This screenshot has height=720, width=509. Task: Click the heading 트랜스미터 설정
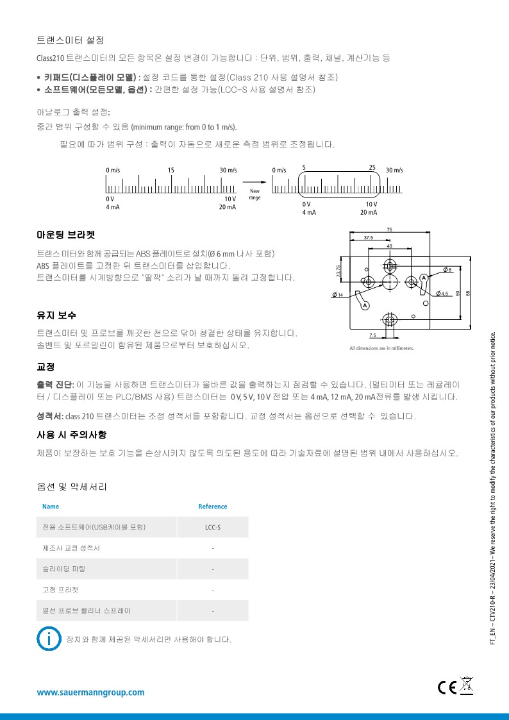(x=71, y=40)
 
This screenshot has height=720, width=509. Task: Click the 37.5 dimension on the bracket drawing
(x=369, y=238)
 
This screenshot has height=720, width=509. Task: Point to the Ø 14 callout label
(x=337, y=294)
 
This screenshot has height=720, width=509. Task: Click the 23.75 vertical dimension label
(x=338, y=271)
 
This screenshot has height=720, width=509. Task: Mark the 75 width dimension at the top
(x=390, y=230)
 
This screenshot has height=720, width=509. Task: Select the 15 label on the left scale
(x=171, y=170)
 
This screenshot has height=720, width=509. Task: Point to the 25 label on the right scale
(x=372, y=167)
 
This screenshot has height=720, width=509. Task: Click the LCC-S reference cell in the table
(x=212, y=527)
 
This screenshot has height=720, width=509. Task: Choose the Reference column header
(x=212, y=507)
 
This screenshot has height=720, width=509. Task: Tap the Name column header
(x=51, y=507)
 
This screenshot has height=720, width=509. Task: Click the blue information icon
(x=47, y=639)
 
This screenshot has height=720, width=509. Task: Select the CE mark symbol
(x=447, y=687)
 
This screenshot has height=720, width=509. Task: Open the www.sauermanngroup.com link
(x=90, y=692)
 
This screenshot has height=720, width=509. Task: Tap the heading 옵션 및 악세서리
(x=72, y=487)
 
